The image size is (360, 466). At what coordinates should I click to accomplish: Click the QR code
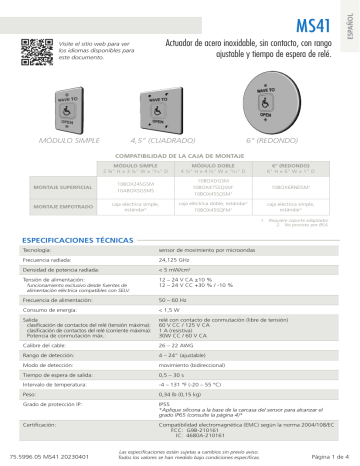tap(35, 46)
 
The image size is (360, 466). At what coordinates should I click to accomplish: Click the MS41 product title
tap(315, 19)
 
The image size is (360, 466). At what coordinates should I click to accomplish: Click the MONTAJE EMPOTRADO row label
tap(56, 206)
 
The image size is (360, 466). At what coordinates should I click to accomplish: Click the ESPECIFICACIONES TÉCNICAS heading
tap(79, 241)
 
